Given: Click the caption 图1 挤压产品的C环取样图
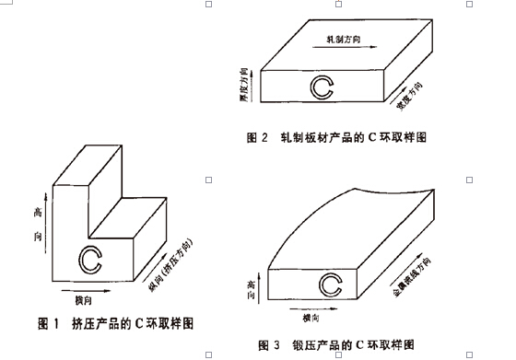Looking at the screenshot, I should click(x=115, y=323).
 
